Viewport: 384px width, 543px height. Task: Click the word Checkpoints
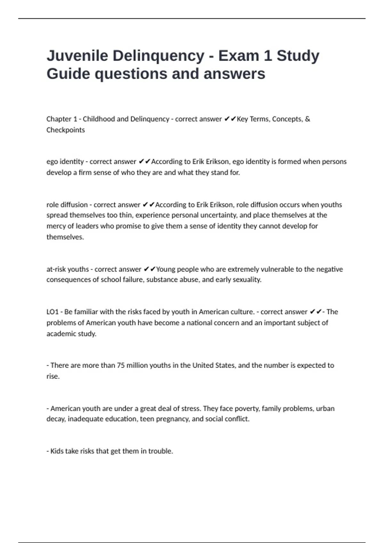(x=66, y=130)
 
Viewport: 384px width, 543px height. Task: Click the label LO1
(x=52, y=312)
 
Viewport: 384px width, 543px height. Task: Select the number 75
(x=121, y=365)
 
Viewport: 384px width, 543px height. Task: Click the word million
(x=138, y=365)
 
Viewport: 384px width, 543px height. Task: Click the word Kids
(x=57, y=451)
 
